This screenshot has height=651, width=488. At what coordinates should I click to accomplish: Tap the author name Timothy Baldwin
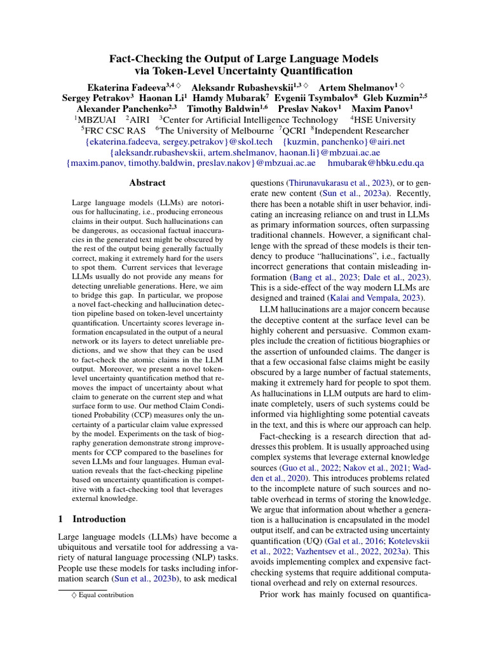coord(222,109)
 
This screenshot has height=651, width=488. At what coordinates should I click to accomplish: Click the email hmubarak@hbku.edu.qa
coord(376,163)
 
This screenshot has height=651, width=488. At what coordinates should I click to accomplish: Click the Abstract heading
coord(147,183)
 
